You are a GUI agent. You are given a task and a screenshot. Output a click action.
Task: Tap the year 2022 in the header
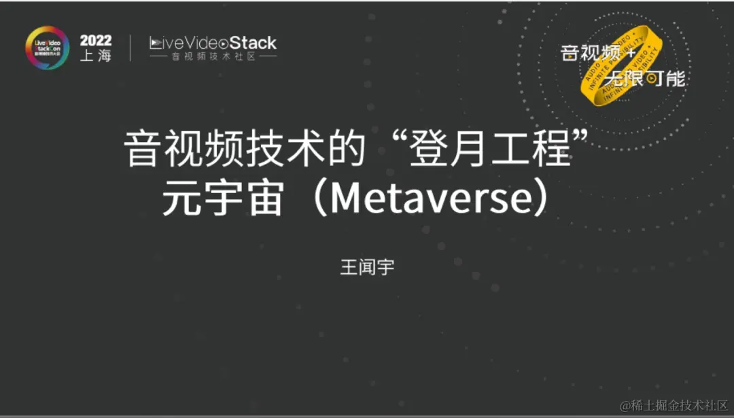click(x=96, y=40)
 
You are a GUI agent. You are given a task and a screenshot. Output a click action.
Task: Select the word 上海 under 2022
click(x=96, y=56)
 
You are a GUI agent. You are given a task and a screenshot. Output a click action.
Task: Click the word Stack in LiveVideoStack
click(x=253, y=43)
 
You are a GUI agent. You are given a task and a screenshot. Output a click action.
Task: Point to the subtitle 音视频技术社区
click(x=213, y=57)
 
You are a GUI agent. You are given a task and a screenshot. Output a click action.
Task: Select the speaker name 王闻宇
click(x=367, y=267)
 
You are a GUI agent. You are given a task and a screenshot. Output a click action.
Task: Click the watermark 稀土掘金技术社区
click(x=673, y=406)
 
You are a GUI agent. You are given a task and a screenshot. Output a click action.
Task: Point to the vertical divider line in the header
click(x=130, y=48)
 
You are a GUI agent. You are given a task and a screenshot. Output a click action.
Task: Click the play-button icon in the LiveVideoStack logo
click(x=156, y=43)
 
